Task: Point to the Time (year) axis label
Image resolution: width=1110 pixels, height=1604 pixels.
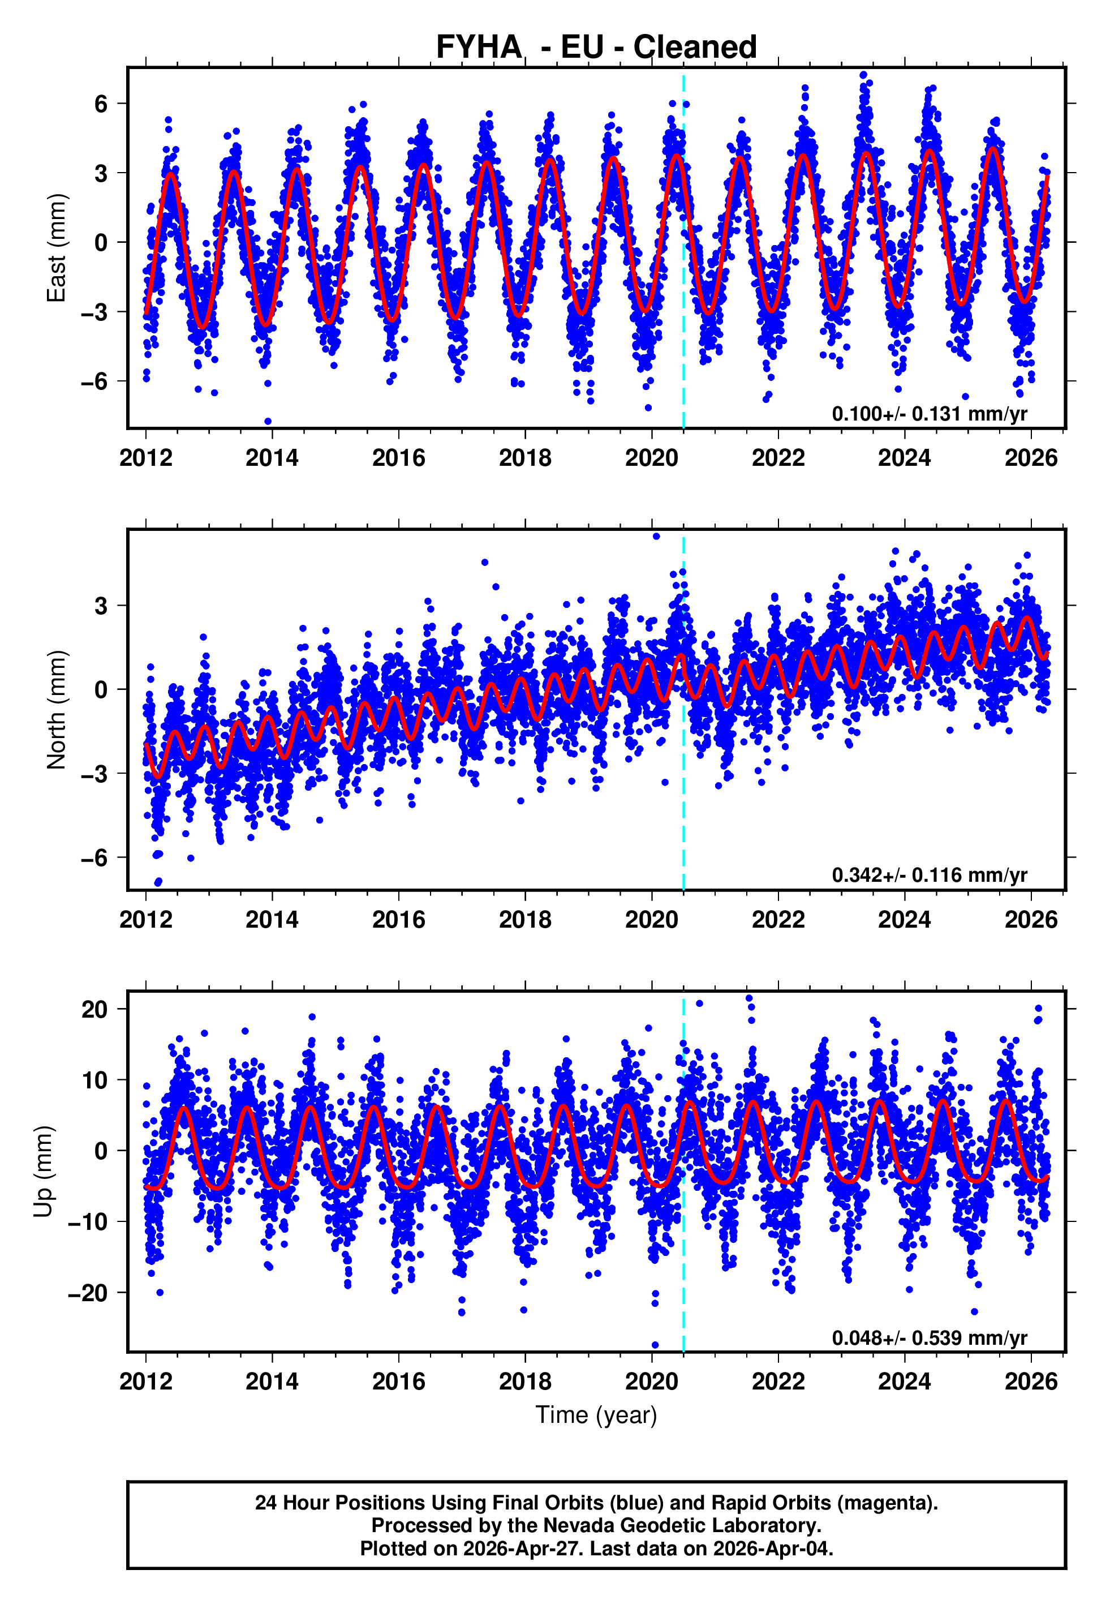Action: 596,1415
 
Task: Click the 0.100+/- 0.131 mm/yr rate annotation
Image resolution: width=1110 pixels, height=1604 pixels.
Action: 928,414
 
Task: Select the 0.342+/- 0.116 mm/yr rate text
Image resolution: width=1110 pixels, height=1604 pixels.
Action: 928,875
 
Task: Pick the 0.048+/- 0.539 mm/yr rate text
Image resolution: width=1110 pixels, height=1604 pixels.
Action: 928,1337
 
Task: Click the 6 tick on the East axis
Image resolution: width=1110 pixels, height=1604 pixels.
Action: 101,104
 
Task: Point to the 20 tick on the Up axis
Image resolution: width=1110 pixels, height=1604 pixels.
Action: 94,1009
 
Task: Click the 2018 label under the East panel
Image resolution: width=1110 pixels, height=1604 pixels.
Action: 524,458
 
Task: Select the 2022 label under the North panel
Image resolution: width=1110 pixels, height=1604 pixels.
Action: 777,920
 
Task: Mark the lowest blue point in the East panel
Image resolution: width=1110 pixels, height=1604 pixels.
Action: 268,422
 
